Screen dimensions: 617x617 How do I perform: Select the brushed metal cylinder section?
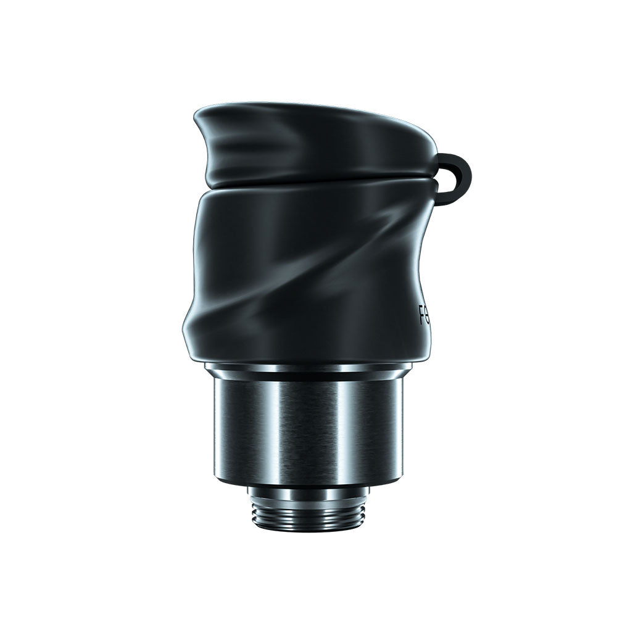(x=308, y=432)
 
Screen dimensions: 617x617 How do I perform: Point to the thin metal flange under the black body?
(x=308, y=370)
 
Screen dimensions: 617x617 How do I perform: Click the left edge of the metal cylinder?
(x=217, y=432)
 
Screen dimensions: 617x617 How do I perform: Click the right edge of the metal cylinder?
(x=401, y=432)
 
